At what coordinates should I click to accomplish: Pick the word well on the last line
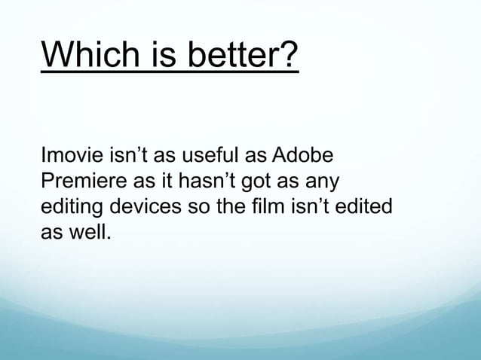coord(91,229)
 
